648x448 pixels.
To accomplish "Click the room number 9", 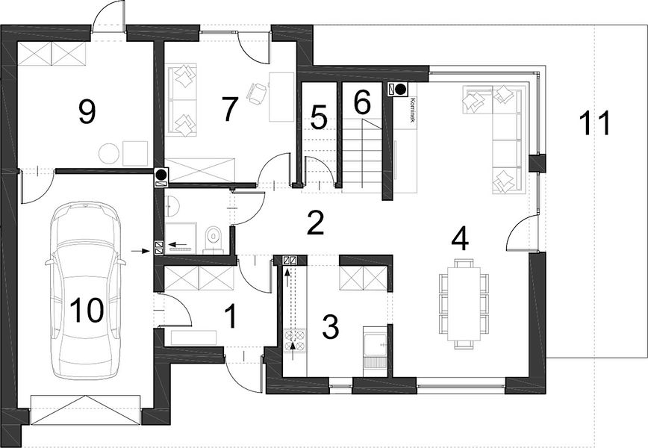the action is tap(87, 111).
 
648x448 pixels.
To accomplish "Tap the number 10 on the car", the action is tap(87, 310).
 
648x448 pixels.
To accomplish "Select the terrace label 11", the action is tap(595, 122).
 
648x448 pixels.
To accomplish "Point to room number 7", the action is tap(230, 109).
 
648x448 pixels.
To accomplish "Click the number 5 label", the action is tap(319, 117).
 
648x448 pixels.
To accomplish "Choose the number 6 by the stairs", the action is tap(362, 102).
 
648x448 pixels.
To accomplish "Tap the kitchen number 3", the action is tap(331, 326).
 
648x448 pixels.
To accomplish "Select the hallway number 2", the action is tap(315, 223).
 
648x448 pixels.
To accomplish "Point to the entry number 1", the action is tap(231, 316).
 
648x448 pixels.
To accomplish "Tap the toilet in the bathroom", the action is tap(214, 239).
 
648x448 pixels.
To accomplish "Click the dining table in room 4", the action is tap(464, 304).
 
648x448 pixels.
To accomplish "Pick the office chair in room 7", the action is tap(257, 93).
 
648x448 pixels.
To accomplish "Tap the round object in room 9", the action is tap(109, 153).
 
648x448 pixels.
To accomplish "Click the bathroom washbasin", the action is tap(172, 206).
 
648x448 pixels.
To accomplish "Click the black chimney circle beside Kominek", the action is tap(400, 89).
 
